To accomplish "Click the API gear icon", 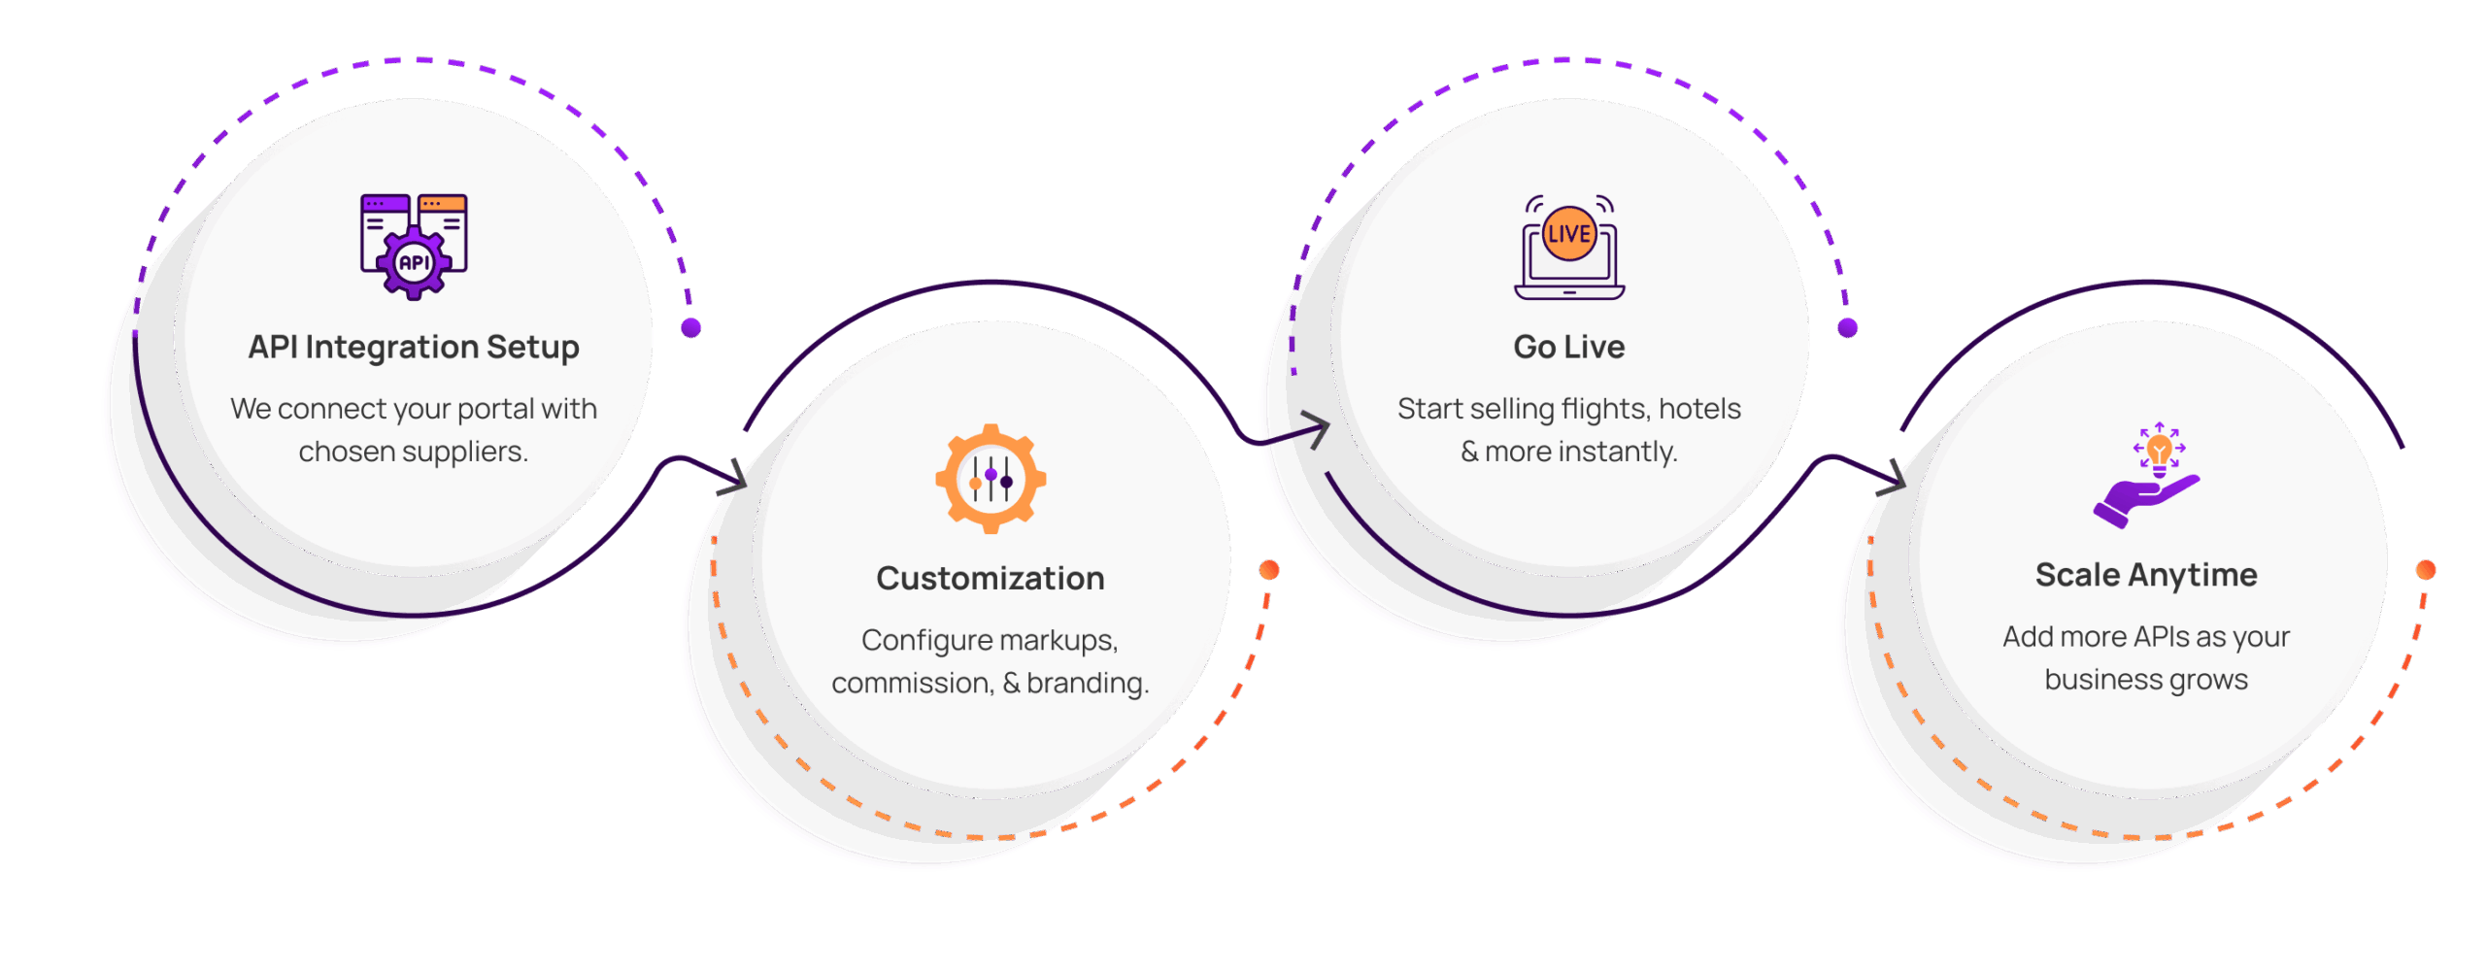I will tap(414, 246).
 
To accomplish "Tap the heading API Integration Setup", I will tap(414, 347).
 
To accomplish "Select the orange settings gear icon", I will tap(991, 478).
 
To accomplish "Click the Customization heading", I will tap(991, 578).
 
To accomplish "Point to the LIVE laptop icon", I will tap(1569, 248).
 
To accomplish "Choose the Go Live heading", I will tap(1569, 347).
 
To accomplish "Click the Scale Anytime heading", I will tap(2146, 575).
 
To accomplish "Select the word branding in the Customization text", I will tap(1087, 683).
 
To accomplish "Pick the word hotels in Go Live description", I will tap(1699, 409).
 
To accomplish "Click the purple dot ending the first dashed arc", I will tap(691, 328).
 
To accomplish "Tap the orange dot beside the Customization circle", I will tap(1269, 570).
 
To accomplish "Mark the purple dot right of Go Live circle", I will tap(1848, 328).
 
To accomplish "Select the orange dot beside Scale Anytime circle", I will tap(2426, 570).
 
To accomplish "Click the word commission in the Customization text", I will tap(912, 683).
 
